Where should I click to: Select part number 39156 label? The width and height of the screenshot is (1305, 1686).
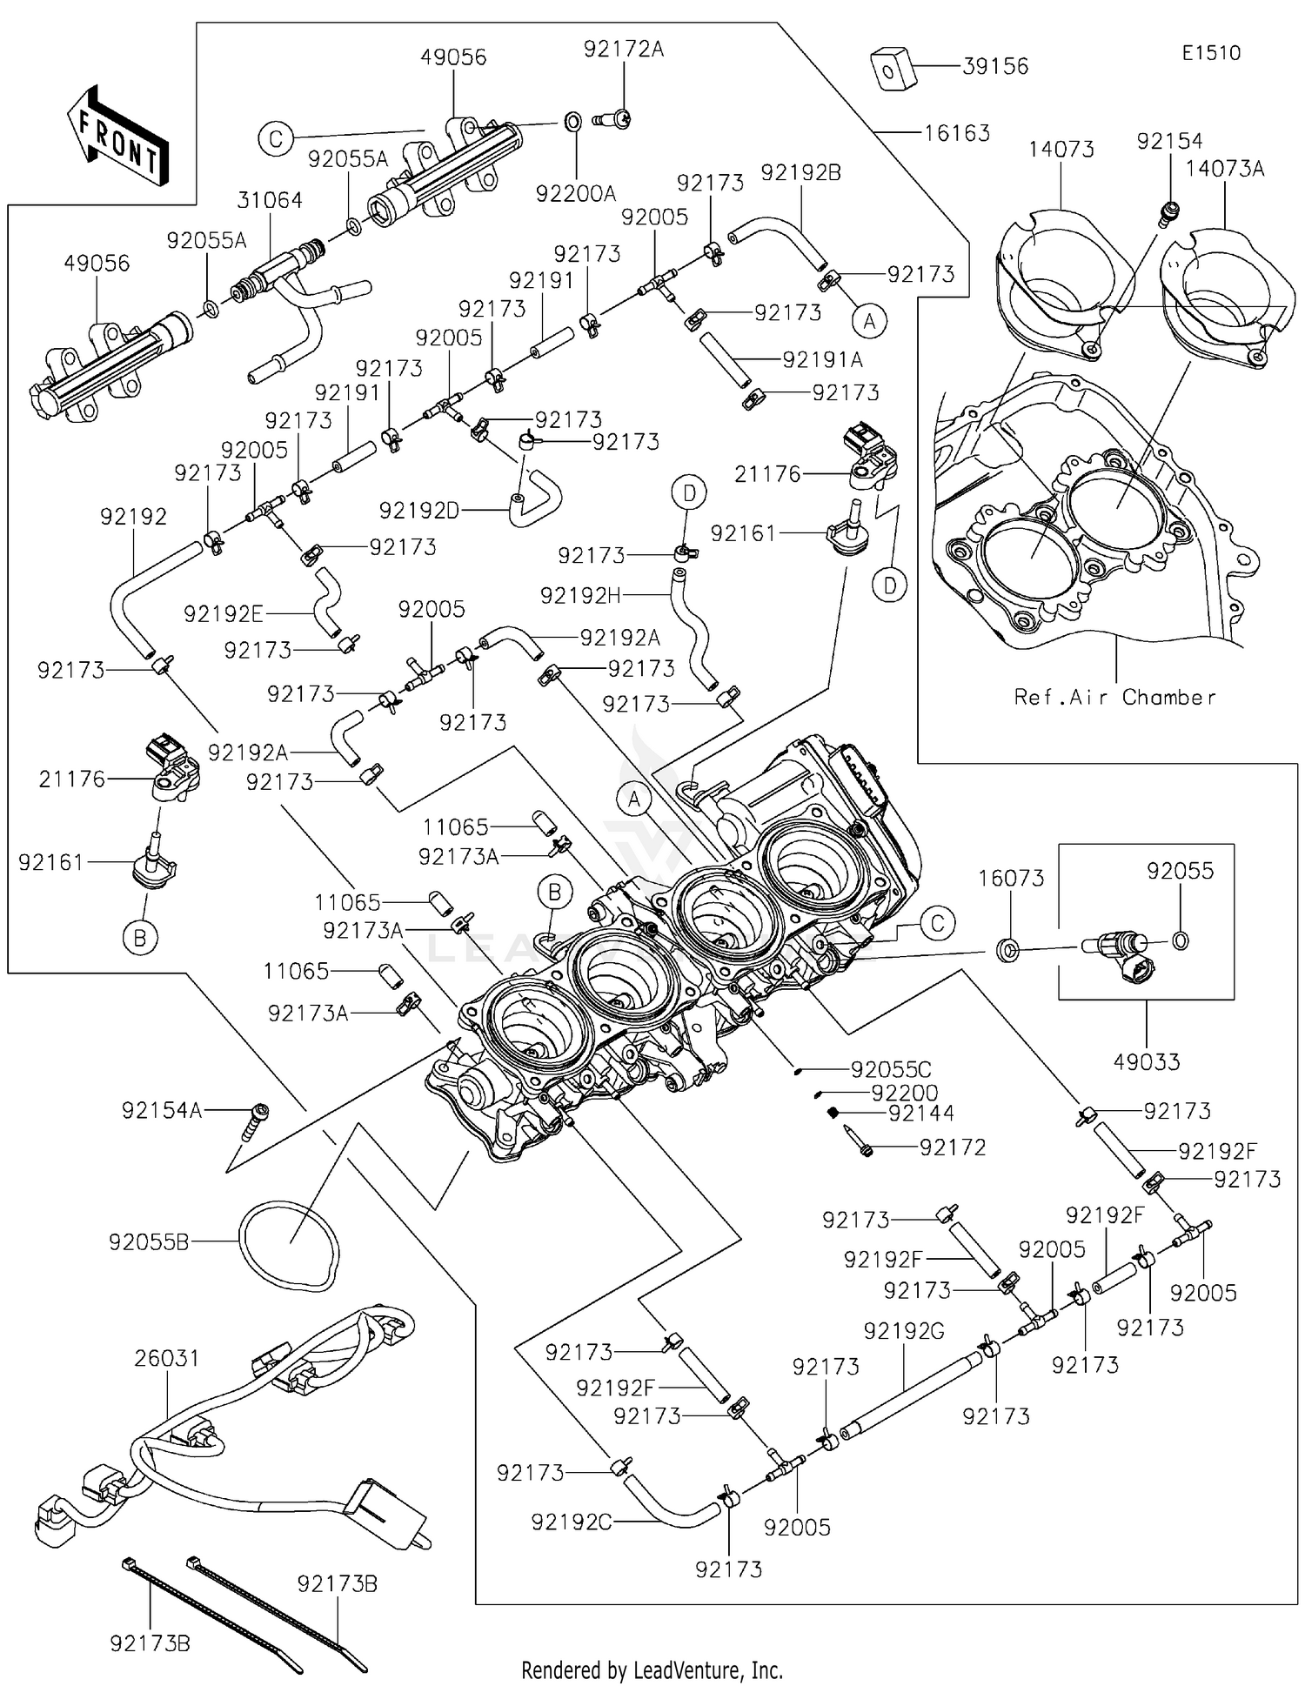click(995, 66)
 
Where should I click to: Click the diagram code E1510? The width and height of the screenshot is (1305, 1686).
click(1210, 53)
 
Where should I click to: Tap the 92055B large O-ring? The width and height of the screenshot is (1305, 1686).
click(288, 1245)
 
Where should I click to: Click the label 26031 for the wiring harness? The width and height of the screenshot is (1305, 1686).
click(167, 1358)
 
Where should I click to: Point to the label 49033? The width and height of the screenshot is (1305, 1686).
click(1147, 1061)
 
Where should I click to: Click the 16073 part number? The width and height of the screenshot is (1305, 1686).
click(1011, 879)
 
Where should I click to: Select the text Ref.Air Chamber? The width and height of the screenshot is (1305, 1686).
click(1114, 697)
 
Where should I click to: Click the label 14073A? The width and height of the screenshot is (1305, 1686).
click(1224, 169)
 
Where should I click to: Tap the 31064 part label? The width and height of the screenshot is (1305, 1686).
click(270, 200)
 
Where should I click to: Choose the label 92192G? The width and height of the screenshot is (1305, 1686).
click(904, 1331)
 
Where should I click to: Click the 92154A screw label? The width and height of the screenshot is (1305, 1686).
click(162, 1110)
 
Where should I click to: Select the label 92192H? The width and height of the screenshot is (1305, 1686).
click(580, 595)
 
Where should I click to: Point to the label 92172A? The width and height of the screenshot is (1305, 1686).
click(623, 50)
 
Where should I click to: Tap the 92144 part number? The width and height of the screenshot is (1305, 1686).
click(920, 1113)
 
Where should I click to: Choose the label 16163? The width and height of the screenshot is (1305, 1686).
click(956, 133)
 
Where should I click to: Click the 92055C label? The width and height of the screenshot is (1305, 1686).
click(890, 1070)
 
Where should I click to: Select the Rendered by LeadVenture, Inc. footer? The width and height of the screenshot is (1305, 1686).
click(652, 1669)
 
